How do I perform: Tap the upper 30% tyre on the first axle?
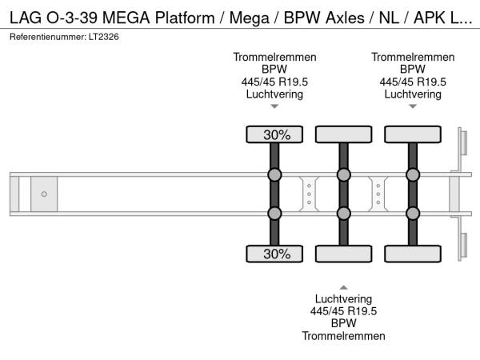(274, 135)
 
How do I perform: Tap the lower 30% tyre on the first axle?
(274, 254)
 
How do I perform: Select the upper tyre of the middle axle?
(343, 135)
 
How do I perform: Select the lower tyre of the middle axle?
(343, 254)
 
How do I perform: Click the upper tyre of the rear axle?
(413, 135)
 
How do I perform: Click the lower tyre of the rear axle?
(413, 254)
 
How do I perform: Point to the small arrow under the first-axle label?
(274, 106)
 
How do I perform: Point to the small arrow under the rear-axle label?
(413, 106)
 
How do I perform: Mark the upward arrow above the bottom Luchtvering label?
(343, 286)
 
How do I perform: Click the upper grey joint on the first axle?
(274, 175)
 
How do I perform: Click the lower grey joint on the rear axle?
(413, 213)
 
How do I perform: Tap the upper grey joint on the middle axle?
(343, 175)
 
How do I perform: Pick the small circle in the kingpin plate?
(44, 194)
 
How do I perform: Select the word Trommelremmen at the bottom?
(343, 336)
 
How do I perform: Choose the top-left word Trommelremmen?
(274, 57)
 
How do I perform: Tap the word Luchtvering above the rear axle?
(413, 94)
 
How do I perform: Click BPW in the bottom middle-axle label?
(343, 324)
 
